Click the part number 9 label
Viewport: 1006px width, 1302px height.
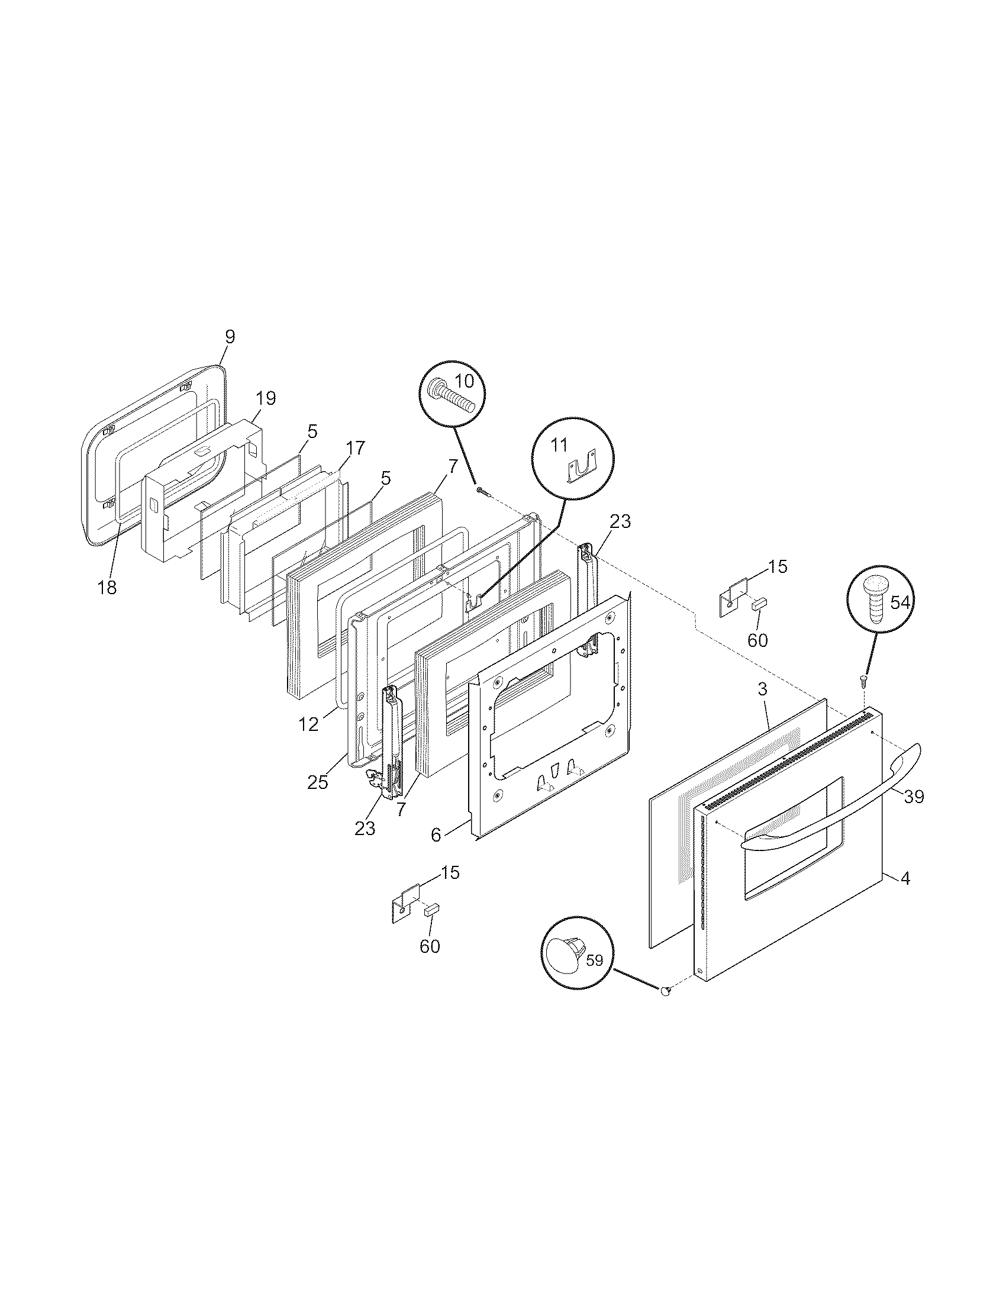[x=230, y=337]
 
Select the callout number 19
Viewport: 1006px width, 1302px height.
[x=266, y=398]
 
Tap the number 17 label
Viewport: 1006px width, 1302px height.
[x=355, y=448]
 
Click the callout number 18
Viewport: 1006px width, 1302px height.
[x=107, y=587]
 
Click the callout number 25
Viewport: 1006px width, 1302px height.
[x=318, y=782]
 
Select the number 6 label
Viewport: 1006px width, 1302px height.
[x=436, y=835]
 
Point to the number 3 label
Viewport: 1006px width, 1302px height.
[x=762, y=689]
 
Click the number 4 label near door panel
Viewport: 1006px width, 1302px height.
[x=905, y=895]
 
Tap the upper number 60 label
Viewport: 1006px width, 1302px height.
[x=757, y=640]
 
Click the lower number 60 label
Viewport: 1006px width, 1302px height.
[x=430, y=946]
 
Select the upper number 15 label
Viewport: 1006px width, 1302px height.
[x=777, y=566]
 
